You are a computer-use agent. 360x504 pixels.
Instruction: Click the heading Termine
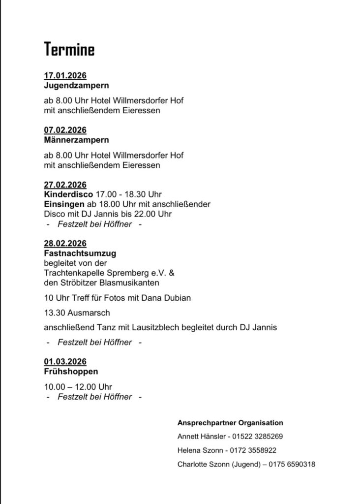[x=69, y=50]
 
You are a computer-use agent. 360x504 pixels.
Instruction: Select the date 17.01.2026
[x=65, y=76]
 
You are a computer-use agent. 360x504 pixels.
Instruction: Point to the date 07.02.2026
[x=65, y=130]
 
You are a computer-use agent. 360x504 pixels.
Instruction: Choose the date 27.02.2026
[x=65, y=185]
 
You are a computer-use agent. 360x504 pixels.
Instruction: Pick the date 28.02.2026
[x=65, y=244]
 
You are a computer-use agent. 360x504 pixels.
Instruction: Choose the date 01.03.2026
[x=65, y=362]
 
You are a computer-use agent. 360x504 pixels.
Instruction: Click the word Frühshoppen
[x=71, y=372]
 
